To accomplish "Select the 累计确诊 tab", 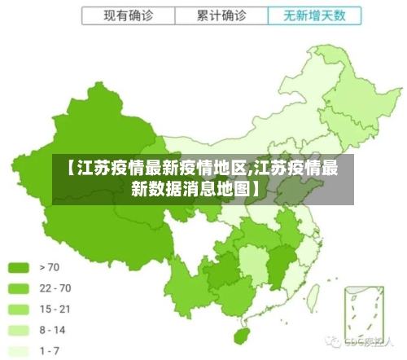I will (221, 15).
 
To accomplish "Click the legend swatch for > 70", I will (20, 266).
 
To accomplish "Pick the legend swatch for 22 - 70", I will (20, 288).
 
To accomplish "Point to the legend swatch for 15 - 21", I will (20, 309).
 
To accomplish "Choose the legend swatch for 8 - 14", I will (20, 330).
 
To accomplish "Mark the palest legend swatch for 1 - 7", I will (20, 350).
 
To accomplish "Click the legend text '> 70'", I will (50, 266).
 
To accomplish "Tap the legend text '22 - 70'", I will (55, 288).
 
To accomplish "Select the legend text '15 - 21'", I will (55, 309).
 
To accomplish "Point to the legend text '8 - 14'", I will (53, 330).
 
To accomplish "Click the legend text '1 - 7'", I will (50, 350).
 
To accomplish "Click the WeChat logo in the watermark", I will (332, 340).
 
